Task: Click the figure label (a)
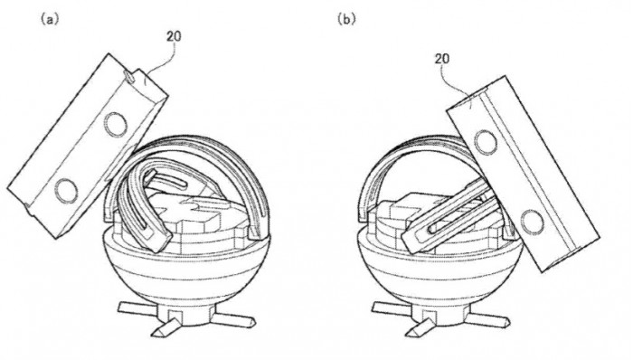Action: point(50,19)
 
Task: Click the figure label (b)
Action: point(346,19)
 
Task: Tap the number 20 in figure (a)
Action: point(174,37)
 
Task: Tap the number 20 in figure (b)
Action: point(442,59)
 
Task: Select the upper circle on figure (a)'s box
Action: point(117,124)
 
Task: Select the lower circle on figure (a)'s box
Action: point(66,191)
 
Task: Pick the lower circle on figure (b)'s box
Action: point(532,222)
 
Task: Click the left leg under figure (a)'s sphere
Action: point(137,309)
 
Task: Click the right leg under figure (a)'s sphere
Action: point(235,320)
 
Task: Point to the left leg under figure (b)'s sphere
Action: point(391,309)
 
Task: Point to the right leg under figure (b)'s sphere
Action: point(489,320)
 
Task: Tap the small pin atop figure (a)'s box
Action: point(129,77)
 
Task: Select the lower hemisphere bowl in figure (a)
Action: point(185,274)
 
